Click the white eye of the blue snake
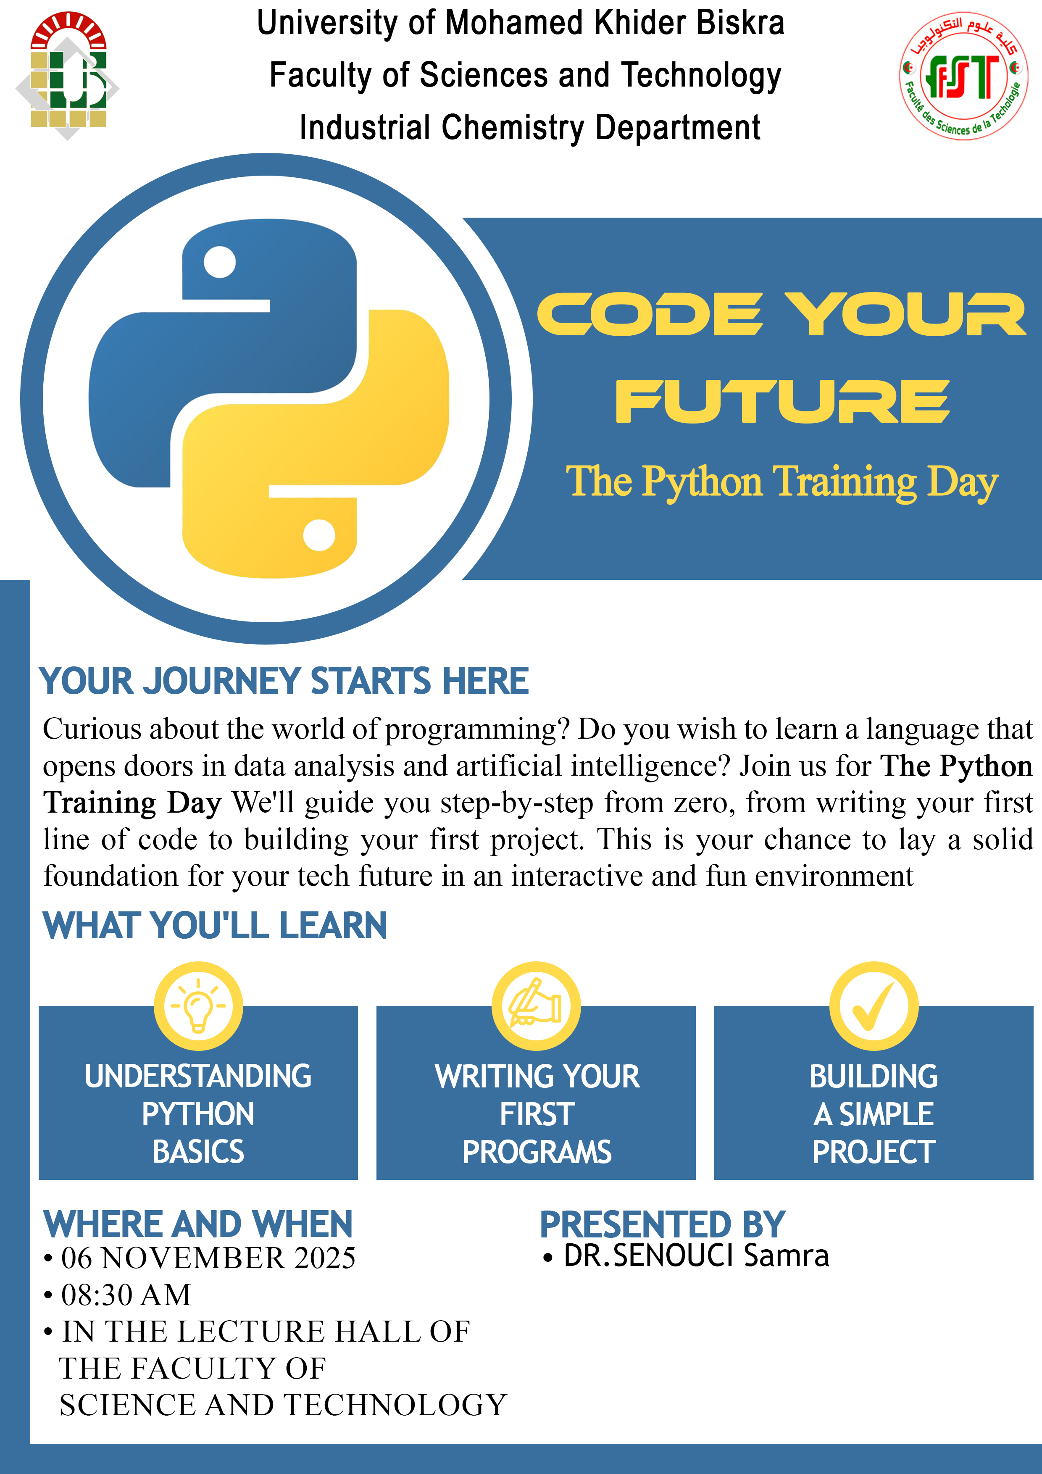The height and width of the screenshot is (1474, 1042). click(x=220, y=262)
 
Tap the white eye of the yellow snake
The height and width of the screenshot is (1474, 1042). click(x=319, y=535)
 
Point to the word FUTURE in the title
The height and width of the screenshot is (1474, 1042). click(x=782, y=401)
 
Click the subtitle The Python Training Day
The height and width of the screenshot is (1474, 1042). click(x=782, y=482)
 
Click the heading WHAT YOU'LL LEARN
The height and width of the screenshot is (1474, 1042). click(x=215, y=925)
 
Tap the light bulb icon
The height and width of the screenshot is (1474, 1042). click(x=198, y=1005)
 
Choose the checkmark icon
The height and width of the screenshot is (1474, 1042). click(x=874, y=1006)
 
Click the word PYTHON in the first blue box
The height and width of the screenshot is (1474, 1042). click(x=198, y=1114)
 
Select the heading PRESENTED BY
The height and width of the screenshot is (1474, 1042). click(x=663, y=1224)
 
